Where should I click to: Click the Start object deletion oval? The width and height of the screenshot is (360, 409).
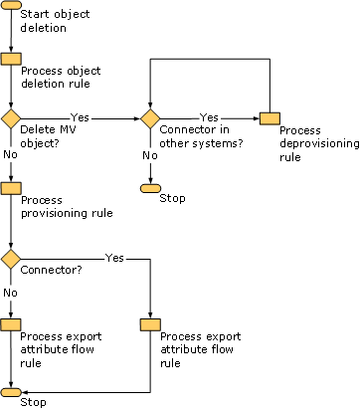pos(11,5)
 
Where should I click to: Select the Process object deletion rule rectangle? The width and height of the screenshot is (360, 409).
pos(11,59)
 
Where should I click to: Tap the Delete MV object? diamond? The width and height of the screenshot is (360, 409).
pos(11,118)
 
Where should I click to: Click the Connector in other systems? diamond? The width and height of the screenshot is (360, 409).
pos(150,118)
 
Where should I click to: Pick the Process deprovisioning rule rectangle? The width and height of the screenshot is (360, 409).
pos(270,118)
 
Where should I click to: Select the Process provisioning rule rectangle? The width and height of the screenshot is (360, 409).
pos(11,188)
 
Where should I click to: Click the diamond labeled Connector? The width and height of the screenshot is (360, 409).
pos(11,259)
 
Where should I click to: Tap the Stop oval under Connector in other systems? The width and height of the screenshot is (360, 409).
pos(150,188)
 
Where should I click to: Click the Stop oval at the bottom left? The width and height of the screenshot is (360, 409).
pos(11,392)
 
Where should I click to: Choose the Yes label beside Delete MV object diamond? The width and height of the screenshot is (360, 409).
pos(80,117)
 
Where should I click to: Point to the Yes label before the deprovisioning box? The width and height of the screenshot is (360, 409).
pos(209,117)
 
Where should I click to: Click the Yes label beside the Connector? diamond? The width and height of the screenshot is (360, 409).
pos(114,258)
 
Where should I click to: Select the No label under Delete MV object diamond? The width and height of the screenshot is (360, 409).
pos(10,154)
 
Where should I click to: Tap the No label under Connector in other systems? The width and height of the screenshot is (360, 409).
pos(150,155)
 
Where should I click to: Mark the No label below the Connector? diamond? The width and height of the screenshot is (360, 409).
pos(10,293)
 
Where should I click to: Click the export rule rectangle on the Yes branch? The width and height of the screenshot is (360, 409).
pos(150,325)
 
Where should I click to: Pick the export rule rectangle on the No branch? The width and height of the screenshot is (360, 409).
pos(11,325)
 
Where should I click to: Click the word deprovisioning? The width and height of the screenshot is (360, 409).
pos(319,144)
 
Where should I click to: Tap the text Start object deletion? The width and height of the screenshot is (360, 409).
pos(55,21)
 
